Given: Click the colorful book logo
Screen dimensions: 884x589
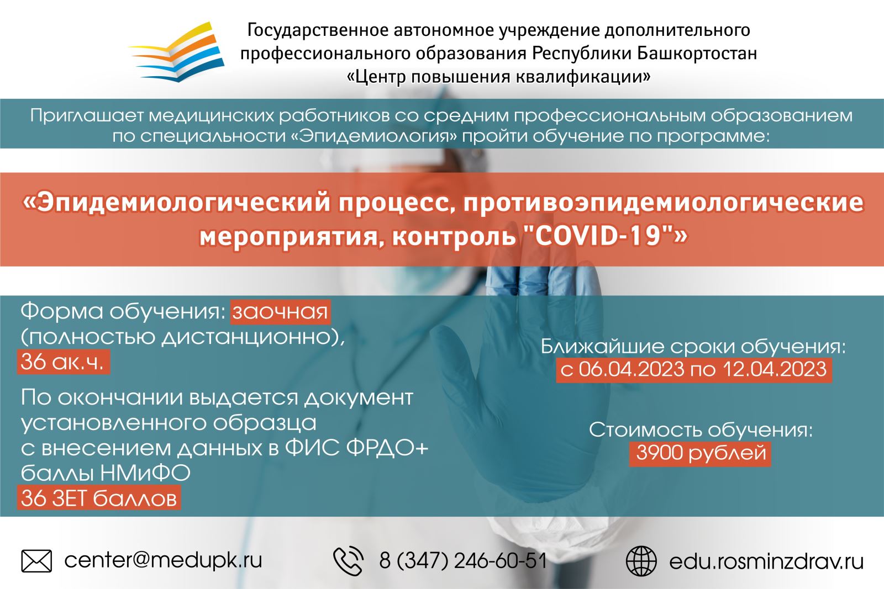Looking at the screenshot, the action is click(177, 52).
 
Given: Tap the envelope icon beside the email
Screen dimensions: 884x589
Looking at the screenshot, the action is click(36, 561).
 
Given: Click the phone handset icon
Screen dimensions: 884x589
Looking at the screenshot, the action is click(349, 561).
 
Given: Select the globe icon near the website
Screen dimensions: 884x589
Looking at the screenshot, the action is click(641, 561).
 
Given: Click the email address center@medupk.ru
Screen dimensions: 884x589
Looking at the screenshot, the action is click(163, 561).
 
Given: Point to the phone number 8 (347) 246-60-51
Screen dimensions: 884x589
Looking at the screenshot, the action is click(463, 561).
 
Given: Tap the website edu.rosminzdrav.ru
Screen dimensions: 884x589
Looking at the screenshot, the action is click(766, 561).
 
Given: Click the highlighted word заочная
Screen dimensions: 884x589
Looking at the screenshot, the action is click(280, 312).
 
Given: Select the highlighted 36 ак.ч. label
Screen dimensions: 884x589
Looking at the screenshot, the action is click(64, 362).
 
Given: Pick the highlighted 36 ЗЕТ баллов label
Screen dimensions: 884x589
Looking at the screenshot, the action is click(99, 498).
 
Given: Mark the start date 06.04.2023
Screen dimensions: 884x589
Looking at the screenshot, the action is click(632, 370).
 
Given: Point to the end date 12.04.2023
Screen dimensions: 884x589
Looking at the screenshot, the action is click(775, 370).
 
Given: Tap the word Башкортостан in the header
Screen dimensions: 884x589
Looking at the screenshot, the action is click(697, 53).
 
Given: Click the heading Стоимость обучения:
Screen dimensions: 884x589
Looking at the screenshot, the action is click(701, 429).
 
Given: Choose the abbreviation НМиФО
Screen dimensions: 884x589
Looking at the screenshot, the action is click(145, 473).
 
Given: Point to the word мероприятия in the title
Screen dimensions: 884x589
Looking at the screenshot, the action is click(288, 237).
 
